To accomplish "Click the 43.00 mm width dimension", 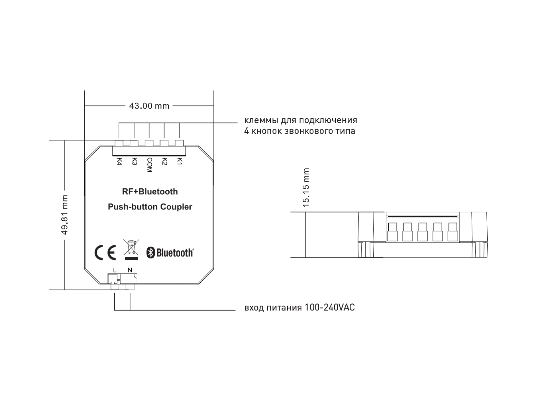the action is pyautogui.click(x=149, y=106).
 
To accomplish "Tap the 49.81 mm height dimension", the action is pyautogui.click(x=65, y=215).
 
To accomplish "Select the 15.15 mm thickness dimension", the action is pyautogui.click(x=306, y=188).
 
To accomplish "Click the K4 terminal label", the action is pyautogui.click(x=119, y=162).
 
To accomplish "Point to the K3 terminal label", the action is pyautogui.click(x=134, y=162).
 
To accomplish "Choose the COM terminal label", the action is pyautogui.click(x=149, y=165).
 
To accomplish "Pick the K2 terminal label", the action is pyautogui.click(x=164, y=162).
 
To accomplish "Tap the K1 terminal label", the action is pyautogui.click(x=180, y=161).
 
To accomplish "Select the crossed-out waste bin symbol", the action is pyautogui.click(x=131, y=250).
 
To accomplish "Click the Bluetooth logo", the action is pyautogui.click(x=170, y=253).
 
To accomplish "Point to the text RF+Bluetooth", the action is pyautogui.click(x=150, y=192).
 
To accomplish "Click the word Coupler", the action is pyautogui.click(x=176, y=207).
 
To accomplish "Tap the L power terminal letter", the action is pyautogui.click(x=115, y=270).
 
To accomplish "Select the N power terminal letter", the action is pyautogui.click(x=130, y=270).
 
